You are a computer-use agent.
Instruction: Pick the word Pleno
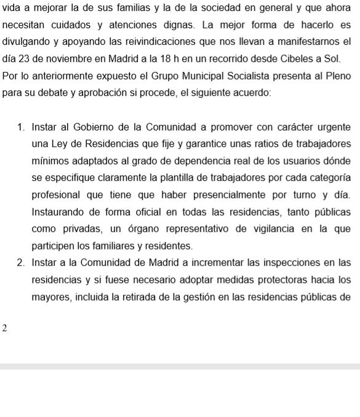337,78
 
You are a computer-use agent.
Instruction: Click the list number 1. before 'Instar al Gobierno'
22,128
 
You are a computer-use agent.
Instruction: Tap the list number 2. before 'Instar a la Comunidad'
22,263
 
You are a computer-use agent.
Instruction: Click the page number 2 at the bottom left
5,328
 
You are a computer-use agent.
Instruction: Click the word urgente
334,128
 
